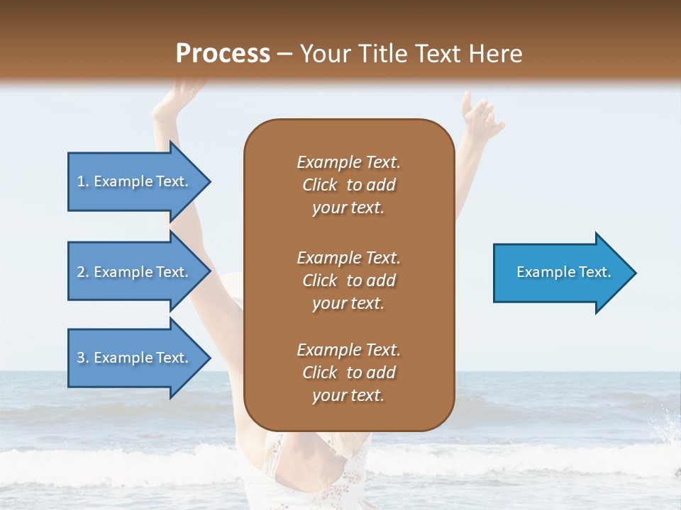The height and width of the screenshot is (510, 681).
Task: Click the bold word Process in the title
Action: [x=223, y=54]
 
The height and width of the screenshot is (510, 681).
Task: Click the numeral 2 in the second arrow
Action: [x=80, y=272]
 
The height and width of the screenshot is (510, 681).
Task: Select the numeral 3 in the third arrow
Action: [x=80, y=358]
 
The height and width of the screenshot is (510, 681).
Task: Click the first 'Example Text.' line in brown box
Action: [x=348, y=162]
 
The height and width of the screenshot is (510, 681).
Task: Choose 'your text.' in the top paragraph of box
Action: [x=348, y=208]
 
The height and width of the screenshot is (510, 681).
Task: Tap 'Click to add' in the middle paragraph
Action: [x=348, y=280]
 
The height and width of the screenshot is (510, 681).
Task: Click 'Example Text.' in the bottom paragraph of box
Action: [x=348, y=350]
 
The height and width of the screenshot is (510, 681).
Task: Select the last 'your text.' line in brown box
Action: [x=348, y=395]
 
